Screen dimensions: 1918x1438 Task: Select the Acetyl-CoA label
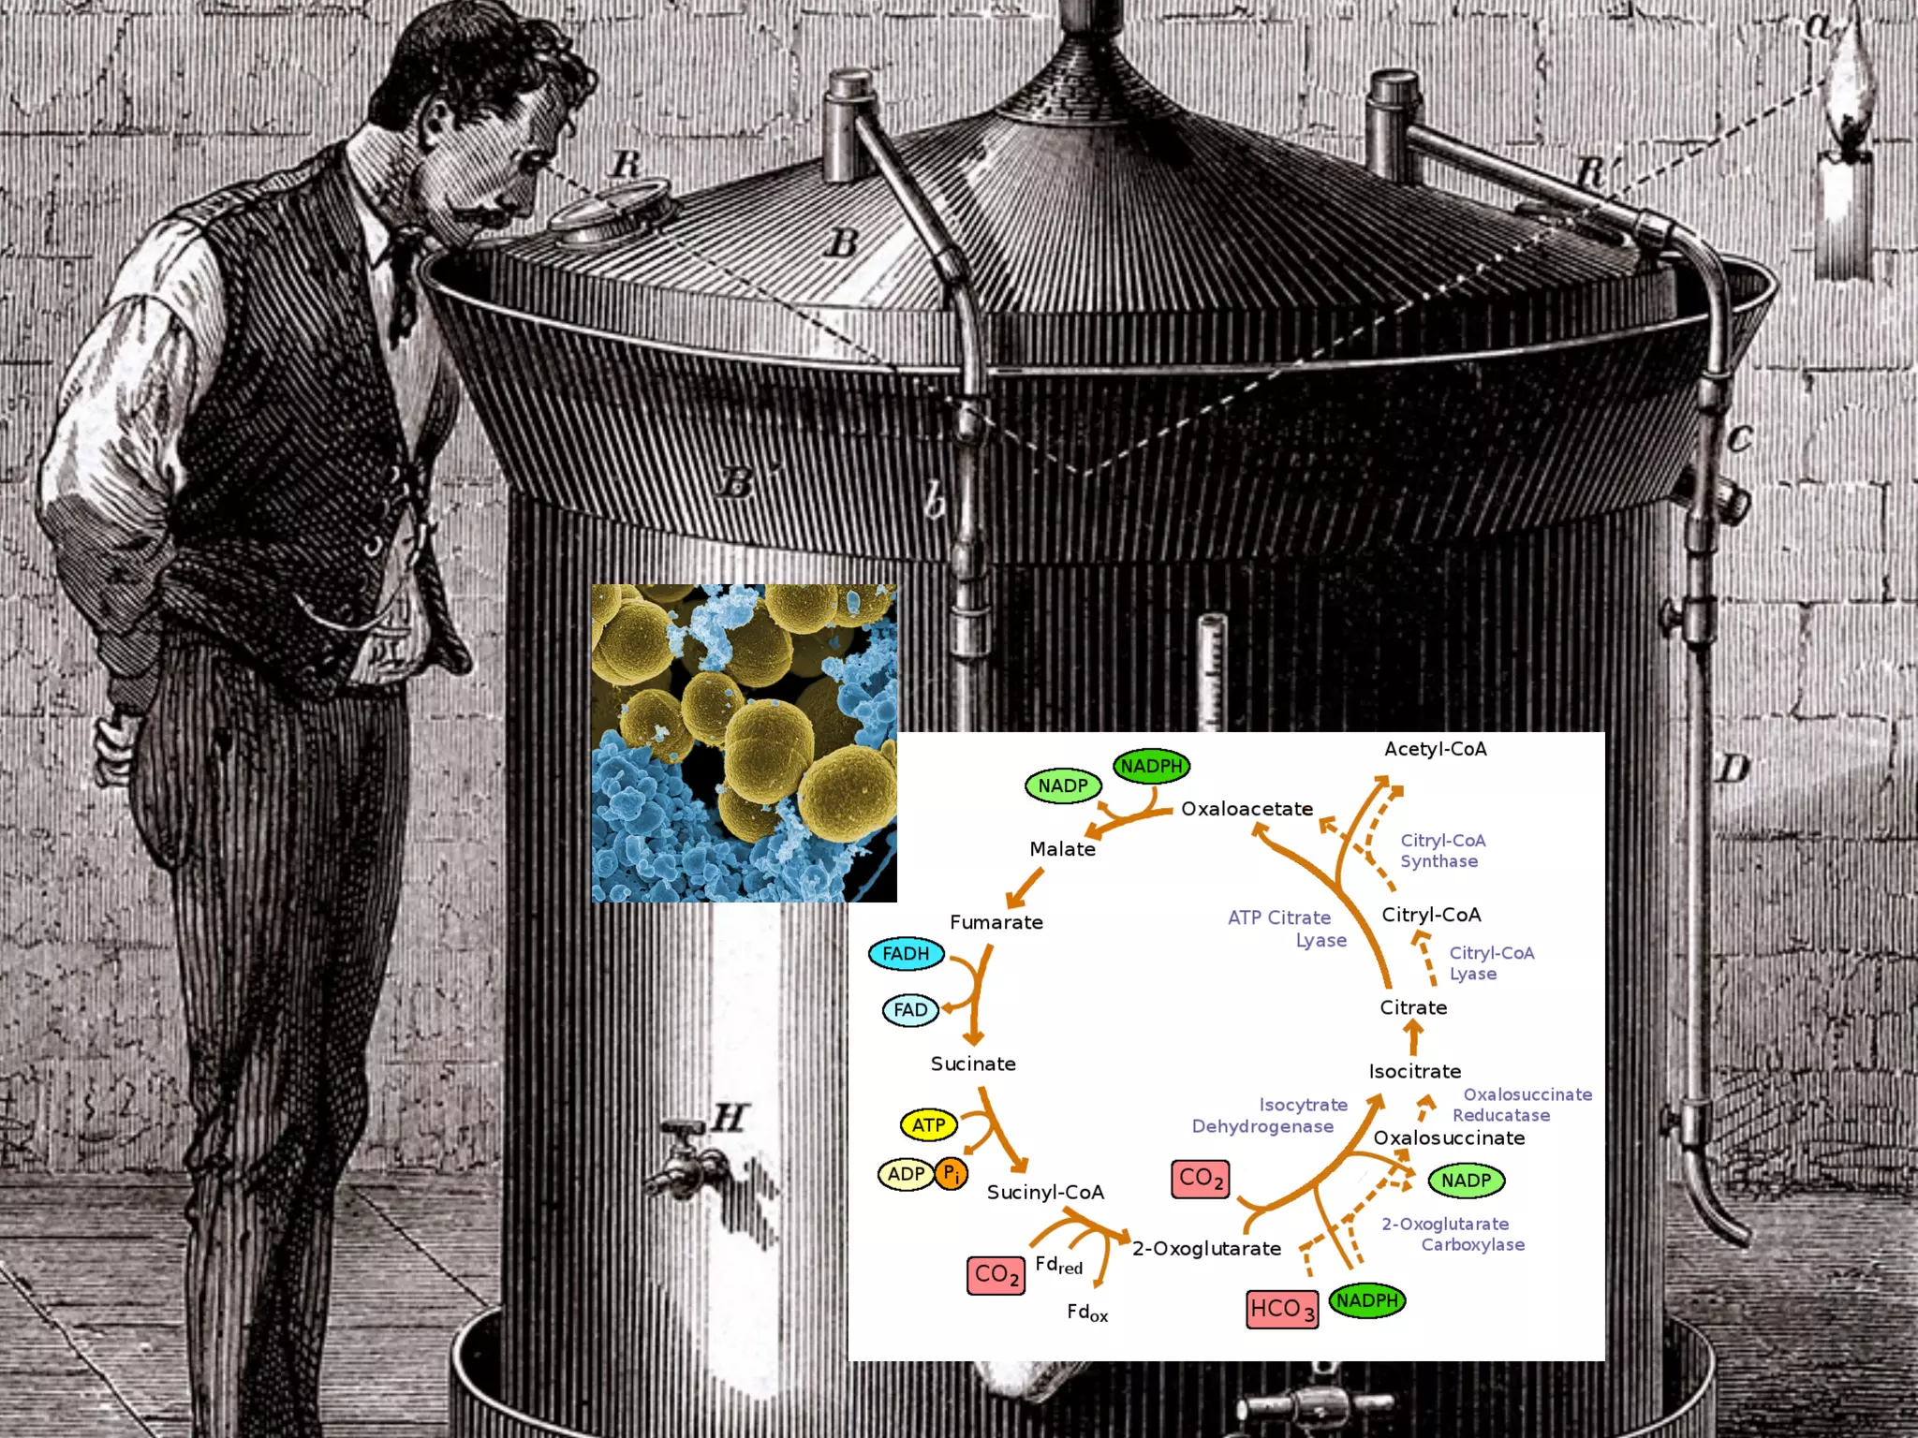coord(1435,749)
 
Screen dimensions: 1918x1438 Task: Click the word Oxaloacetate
coord(1247,809)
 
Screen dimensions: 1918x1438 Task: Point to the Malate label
coord(1062,849)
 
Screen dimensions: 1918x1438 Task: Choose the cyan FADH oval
coord(906,954)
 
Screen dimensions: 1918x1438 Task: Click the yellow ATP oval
coord(928,1125)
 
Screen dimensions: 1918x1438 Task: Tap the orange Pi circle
coord(951,1173)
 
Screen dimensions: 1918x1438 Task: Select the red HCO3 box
coord(1282,1309)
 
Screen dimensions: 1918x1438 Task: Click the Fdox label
coord(1086,1313)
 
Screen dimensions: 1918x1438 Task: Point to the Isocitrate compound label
coord(1414,1071)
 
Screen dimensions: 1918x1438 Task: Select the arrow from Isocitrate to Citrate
coord(1414,1037)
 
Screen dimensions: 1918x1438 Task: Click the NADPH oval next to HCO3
coord(1366,1300)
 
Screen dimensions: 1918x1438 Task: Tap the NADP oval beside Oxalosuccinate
coord(1466,1181)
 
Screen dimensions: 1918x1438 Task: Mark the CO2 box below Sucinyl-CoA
coord(996,1275)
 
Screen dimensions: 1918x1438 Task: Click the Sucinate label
coord(973,1064)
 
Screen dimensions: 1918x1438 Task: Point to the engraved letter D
coord(1733,770)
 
